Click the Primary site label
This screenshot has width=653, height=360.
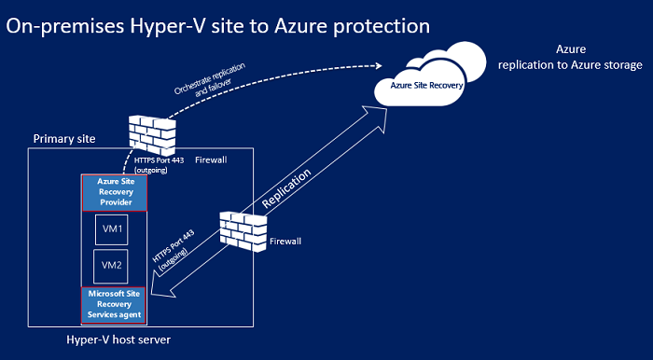(64, 139)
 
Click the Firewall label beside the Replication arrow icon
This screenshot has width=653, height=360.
(285, 240)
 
